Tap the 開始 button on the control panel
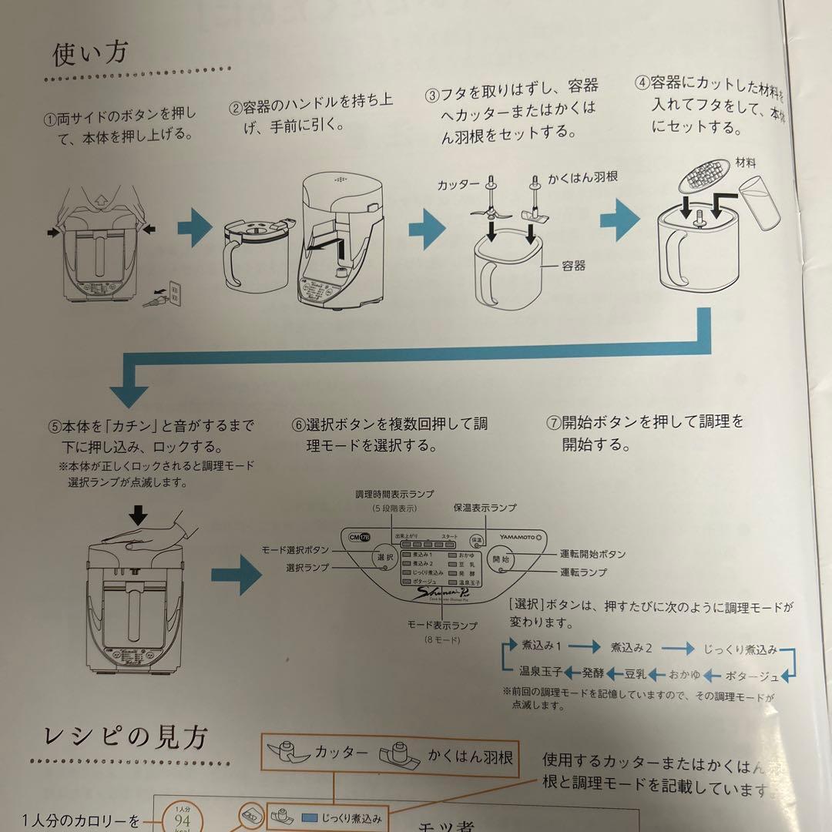pyautogui.click(x=502, y=559)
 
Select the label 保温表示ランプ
pyautogui.click(x=485, y=508)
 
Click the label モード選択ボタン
pyautogui.click(x=296, y=549)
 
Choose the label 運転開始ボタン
pyautogui.click(x=592, y=554)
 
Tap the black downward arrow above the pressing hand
pyautogui.click(x=138, y=515)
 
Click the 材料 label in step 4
pyautogui.click(x=745, y=163)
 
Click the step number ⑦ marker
pyautogui.click(x=552, y=422)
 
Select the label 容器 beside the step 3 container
pyautogui.click(x=573, y=265)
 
